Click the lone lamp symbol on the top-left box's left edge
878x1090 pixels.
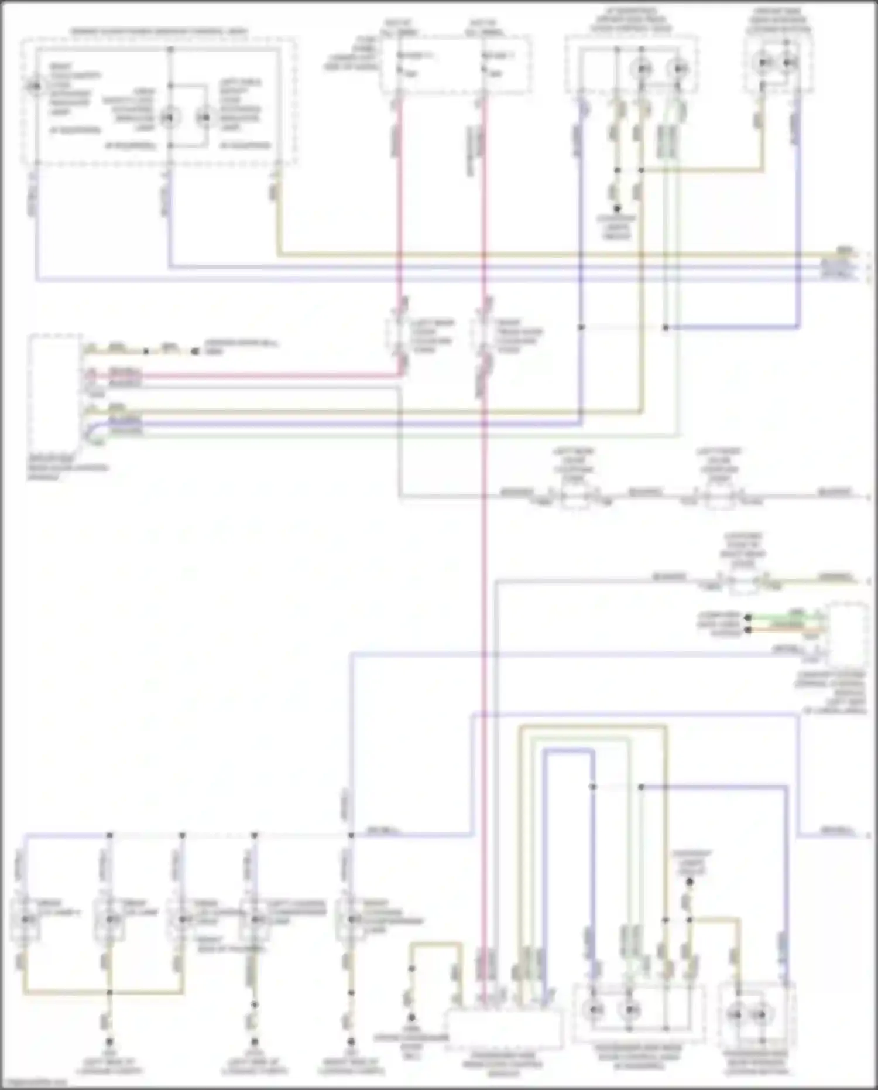tap(35, 87)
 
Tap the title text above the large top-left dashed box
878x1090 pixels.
tap(159, 31)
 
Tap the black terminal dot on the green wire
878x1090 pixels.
tap(747, 617)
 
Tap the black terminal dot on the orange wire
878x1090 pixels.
tap(747, 630)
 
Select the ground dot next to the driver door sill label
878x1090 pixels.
tap(195, 351)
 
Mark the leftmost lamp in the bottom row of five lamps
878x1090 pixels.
tap(26, 919)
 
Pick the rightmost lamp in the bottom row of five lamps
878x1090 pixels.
tap(351, 919)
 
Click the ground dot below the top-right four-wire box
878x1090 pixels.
tap(616, 208)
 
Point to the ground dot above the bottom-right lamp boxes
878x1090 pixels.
tap(690, 881)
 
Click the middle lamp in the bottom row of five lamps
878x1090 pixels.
tap(182, 919)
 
